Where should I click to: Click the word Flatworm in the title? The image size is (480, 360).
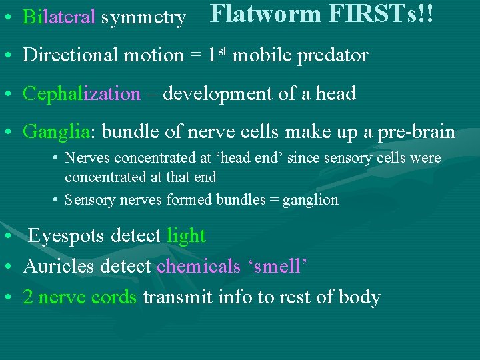(265, 14)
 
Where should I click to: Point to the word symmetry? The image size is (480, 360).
(143, 18)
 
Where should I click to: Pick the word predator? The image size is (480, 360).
(333, 56)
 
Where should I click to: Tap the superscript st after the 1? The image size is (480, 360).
(225, 51)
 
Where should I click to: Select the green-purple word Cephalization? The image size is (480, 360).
(81, 94)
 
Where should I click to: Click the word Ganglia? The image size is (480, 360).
(56, 133)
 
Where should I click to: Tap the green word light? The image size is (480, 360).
(186, 235)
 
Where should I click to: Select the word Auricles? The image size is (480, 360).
(58, 267)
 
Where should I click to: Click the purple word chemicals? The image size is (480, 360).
(198, 267)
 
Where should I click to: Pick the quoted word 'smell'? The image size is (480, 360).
(276, 267)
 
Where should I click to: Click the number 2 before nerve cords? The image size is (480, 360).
(28, 297)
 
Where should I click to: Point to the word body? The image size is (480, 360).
(360, 298)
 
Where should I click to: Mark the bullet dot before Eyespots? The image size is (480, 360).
(6, 237)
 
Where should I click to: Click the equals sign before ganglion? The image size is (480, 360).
(274, 200)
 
